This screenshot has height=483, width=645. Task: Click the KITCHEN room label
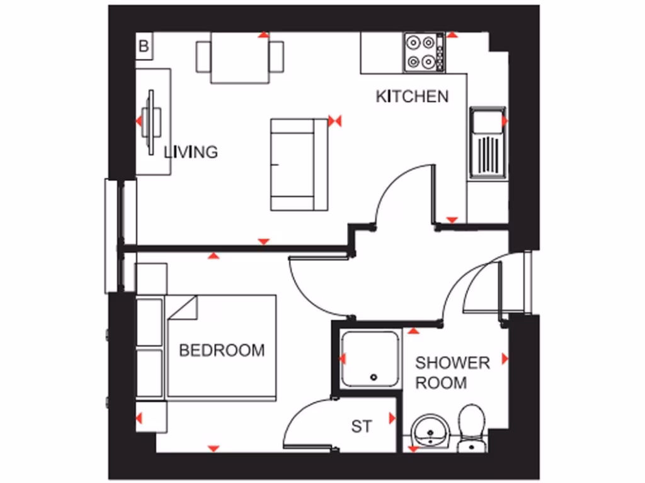[412, 96]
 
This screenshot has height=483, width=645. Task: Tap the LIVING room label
[191, 152]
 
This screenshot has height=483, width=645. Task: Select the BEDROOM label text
[222, 350]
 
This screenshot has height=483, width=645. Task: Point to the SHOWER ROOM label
[452, 372]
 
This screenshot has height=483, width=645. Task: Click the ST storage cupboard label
[362, 426]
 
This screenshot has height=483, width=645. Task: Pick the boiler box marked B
[144, 46]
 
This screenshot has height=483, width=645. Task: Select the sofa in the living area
[292, 165]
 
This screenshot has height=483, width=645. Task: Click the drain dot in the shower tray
[374, 378]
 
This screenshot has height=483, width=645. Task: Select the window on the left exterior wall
[120, 236]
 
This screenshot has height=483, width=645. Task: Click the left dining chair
[203, 57]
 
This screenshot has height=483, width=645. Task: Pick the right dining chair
[276, 57]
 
